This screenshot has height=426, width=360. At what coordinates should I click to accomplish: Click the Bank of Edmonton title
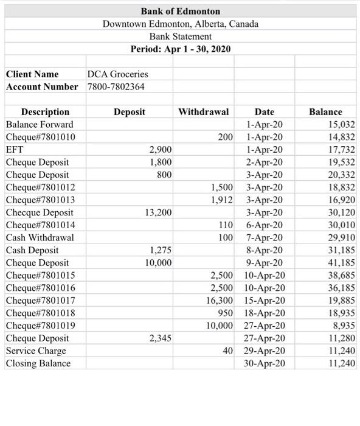(x=180, y=11)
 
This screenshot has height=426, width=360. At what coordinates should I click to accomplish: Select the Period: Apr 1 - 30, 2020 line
(x=180, y=49)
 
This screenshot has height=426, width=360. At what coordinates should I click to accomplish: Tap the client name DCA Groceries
(x=118, y=74)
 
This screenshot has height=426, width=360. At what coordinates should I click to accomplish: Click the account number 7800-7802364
(x=116, y=86)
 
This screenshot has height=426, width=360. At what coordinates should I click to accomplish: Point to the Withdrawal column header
(x=203, y=112)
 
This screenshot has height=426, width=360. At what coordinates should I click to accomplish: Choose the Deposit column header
(x=129, y=112)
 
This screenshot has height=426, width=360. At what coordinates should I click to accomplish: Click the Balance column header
(x=325, y=112)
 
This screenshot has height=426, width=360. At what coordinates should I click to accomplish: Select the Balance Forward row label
(x=40, y=124)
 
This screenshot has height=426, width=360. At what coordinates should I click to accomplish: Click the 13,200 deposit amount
(x=158, y=212)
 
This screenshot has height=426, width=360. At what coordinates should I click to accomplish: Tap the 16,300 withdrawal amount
(x=220, y=301)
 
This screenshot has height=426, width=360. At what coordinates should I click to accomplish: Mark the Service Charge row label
(x=36, y=351)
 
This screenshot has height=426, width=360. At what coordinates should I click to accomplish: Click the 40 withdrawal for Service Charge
(x=227, y=351)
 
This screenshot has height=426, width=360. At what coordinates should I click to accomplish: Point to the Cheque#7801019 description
(x=40, y=326)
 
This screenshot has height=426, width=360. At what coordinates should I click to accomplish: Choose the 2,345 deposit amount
(x=161, y=338)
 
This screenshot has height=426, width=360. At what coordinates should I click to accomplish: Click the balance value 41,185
(x=342, y=263)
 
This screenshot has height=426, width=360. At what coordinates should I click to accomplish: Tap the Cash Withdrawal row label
(x=40, y=237)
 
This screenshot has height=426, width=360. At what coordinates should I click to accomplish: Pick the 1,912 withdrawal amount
(x=222, y=200)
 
